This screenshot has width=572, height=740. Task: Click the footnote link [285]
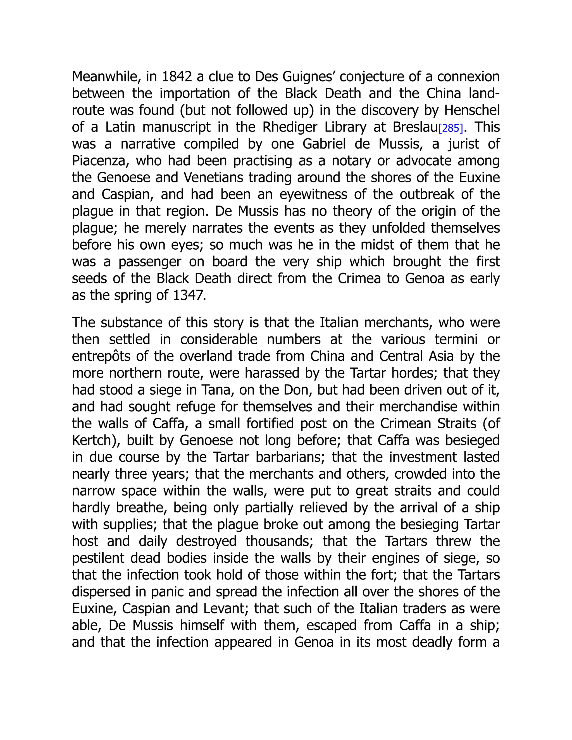click(450, 128)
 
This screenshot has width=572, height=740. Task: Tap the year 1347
click(189, 295)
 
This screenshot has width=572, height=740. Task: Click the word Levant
click(224, 608)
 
